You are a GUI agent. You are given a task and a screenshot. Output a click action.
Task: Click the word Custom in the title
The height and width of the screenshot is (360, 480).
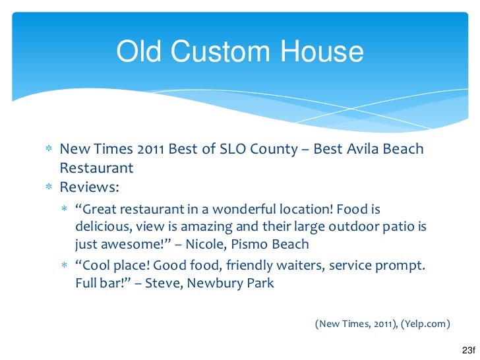pyautogui.click(x=220, y=51)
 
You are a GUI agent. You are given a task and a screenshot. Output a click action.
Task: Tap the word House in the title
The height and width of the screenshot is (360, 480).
pyautogui.click(x=322, y=51)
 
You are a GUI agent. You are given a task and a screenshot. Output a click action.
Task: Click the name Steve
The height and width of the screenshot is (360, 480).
pyautogui.click(x=164, y=283)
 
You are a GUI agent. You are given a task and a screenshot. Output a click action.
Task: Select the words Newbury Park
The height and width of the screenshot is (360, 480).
pyautogui.click(x=230, y=283)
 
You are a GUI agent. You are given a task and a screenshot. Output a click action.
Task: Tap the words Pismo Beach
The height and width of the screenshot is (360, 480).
pyautogui.click(x=270, y=244)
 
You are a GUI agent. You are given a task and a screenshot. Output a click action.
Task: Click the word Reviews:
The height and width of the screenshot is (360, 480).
pyautogui.click(x=90, y=187)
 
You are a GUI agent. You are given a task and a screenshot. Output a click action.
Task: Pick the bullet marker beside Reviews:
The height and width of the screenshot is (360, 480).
pyautogui.click(x=49, y=187)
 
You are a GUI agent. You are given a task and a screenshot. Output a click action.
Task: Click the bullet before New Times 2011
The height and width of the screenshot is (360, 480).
pyautogui.click(x=49, y=148)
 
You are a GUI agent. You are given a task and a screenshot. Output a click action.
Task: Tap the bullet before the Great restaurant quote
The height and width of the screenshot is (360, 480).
pyautogui.click(x=65, y=209)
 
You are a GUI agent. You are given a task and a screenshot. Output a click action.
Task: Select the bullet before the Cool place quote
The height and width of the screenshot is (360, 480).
pyautogui.click(x=65, y=265)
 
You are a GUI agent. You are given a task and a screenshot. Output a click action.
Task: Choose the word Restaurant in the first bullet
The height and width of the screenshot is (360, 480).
pyautogui.click(x=96, y=167)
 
